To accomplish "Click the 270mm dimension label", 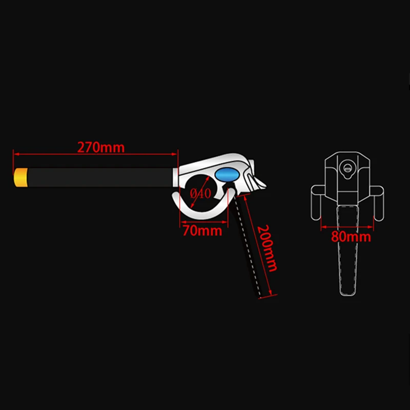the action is pyautogui.click(x=101, y=147).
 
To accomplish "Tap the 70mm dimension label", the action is pyautogui.click(x=202, y=231).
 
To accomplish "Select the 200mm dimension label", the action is pyautogui.click(x=266, y=249).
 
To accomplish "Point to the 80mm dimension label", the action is pyautogui.click(x=351, y=237).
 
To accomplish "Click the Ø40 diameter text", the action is pyautogui.click(x=200, y=194).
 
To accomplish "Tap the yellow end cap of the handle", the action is pyautogui.click(x=20, y=177).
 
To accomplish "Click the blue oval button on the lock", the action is pyautogui.click(x=227, y=175).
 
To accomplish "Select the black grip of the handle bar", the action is pyautogui.click(x=100, y=177).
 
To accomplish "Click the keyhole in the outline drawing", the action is pyautogui.click(x=347, y=169).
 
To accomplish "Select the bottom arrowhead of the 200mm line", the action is pyautogui.click(x=270, y=292).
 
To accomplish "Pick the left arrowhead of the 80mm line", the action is pyautogui.click(x=324, y=227).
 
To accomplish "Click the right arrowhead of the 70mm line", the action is pyautogui.click(x=224, y=222).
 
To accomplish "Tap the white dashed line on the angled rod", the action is pyautogui.click(x=248, y=246).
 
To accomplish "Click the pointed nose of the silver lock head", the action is pyautogui.click(x=265, y=186).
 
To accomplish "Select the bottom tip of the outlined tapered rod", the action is pyautogui.click(x=347, y=295).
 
